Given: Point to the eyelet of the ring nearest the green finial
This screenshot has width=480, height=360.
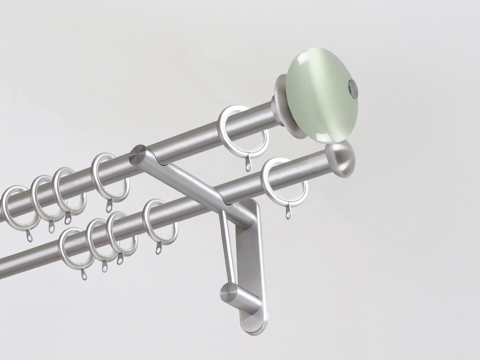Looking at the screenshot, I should coord(249,167).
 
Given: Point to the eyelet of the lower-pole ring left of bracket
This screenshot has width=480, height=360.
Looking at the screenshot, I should coord(158,250).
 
